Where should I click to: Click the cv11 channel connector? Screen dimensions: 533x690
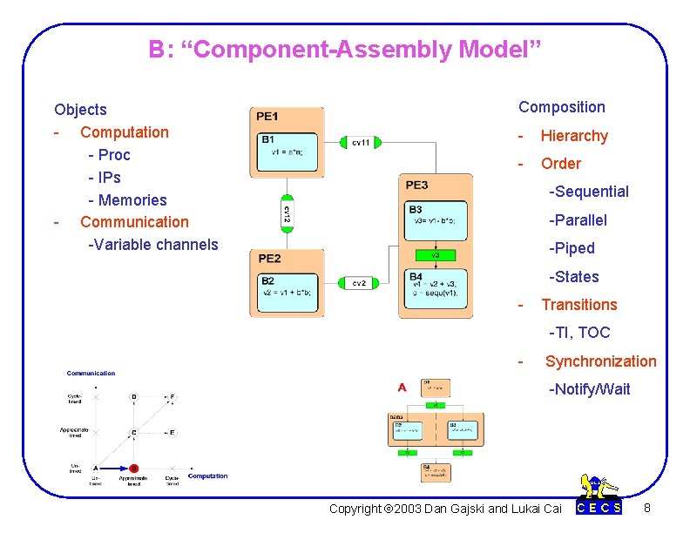point(361,142)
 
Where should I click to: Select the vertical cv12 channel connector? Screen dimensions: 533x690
point(287,212)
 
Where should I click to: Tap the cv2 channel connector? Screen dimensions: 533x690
point(358,283)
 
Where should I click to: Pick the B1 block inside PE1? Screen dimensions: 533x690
point(287,149)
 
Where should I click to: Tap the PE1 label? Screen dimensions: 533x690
point(267,117)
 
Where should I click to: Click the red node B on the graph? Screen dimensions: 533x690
point(134,468)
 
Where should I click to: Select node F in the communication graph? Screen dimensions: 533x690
point(172,397)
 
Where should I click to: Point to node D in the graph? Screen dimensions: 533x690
point(133,397)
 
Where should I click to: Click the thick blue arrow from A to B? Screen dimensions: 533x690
point(114,468)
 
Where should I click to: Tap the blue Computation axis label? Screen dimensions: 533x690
point(208,476)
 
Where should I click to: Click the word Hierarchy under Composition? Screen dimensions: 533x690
point(574,136)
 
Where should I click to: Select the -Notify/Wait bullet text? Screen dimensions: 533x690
point(589,389)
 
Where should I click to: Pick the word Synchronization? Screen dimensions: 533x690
point(600,361)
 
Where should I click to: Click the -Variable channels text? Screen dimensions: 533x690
point(153,245)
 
